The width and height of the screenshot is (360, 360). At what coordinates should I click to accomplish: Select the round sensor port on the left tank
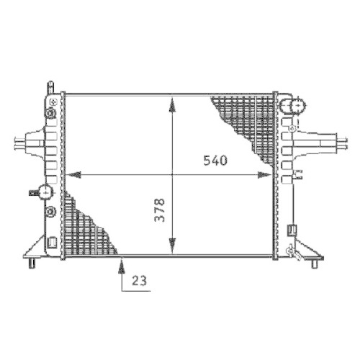pos(45,193)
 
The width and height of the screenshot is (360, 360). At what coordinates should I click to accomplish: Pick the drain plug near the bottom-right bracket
pos(292,251)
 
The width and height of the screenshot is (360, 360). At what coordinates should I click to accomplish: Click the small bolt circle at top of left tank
pos(52,102)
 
